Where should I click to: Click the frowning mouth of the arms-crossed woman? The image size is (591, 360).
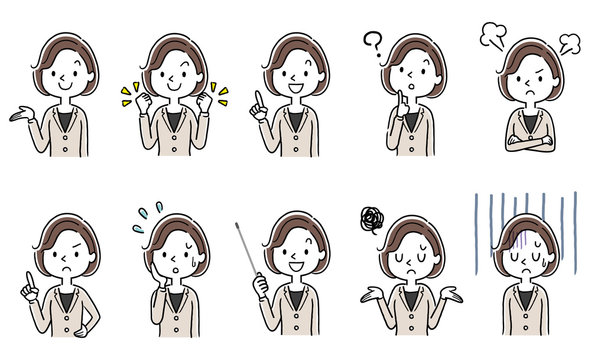tap(530, 96)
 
